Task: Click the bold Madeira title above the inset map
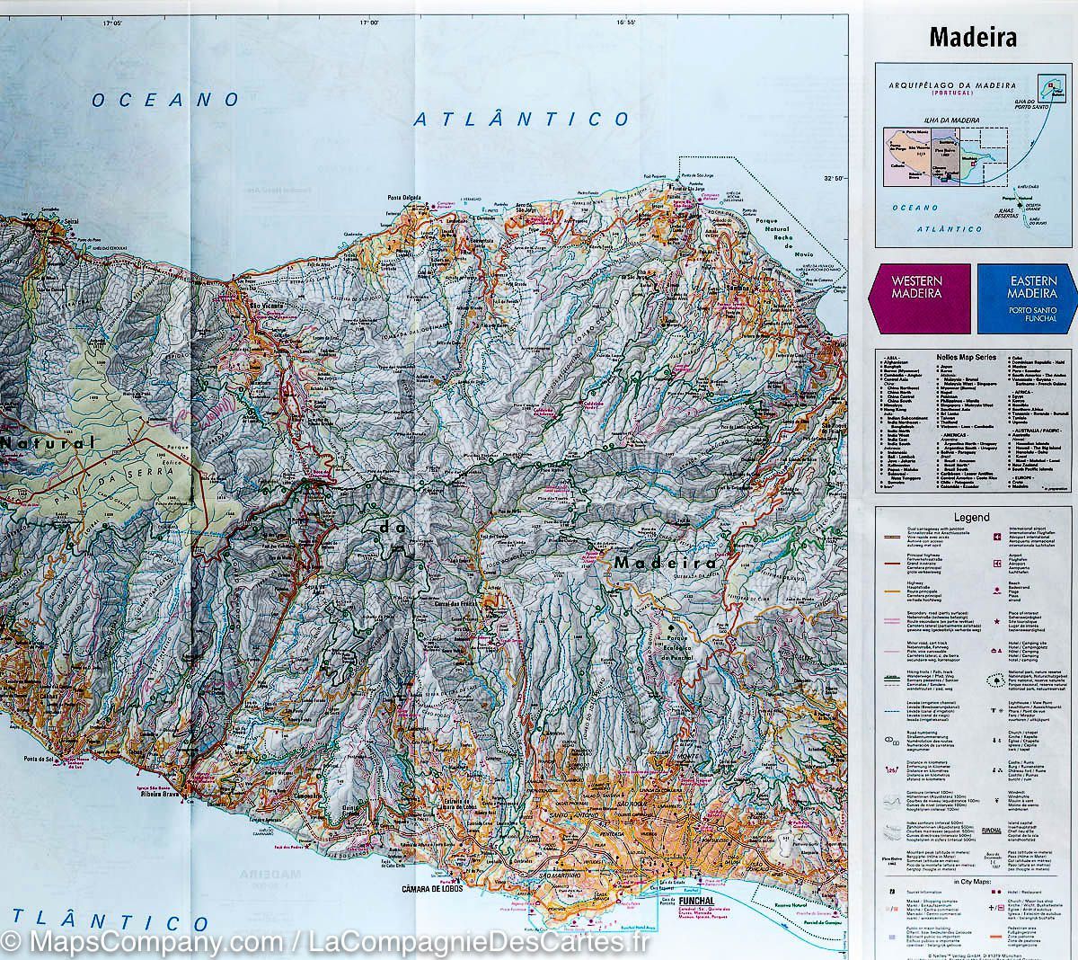pos(973,38)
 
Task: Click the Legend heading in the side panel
pos(971,518)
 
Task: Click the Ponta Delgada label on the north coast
pos(406,199)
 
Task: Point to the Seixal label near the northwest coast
pos(71,222)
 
